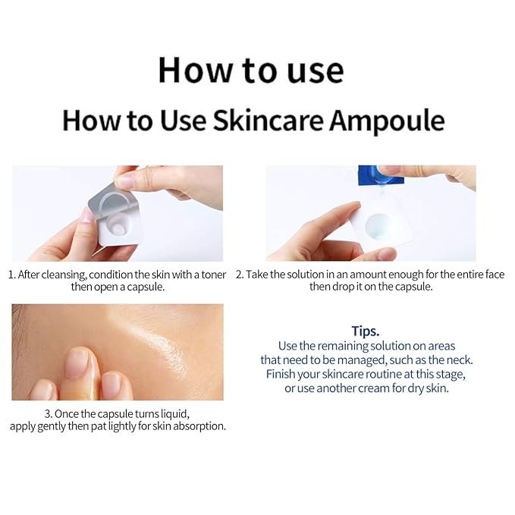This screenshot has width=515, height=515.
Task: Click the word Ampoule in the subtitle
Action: [x=387, y=121]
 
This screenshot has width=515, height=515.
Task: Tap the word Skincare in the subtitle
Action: [x=268, y=120]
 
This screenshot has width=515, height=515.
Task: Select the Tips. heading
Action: [x=366, y=331]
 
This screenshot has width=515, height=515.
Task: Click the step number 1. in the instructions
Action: [x=12, y=275]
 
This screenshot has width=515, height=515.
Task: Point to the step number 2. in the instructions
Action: [x=240, y=275]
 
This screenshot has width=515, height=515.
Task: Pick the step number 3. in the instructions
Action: [x=49, y=414]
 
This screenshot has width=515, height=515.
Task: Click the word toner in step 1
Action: [x=213, y=275]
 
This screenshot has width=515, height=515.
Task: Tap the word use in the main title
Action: [x=316, y=71]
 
